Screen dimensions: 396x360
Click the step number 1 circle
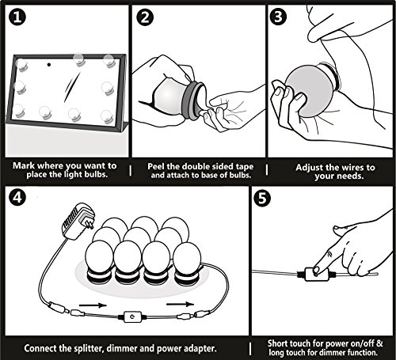pyautogui.click(x=17, y=17)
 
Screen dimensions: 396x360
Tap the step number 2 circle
pyautogui.click(x=145, y=17)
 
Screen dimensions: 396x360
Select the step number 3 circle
pyautogui.click(x=278, y=17)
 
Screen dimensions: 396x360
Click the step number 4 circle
pyautogui.click(x=17, y=197)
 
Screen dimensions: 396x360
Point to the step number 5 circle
pyautogui.click(x=262, y=198)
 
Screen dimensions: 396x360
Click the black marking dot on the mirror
pyautogui.click(x=48, y=64)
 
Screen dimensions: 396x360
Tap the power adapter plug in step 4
pyautogui.click(x=78, y=221)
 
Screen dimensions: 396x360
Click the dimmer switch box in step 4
pyautogui.click(x=132, y=316)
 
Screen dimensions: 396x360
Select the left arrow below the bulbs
pyautogui.click(x=93, y=305)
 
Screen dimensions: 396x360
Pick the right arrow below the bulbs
pyautogui.click(x=181, y=304)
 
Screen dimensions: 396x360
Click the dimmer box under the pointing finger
pyautogui.click(x=316, y=275)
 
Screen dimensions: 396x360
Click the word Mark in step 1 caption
pyautogui.click(x=24, y=165)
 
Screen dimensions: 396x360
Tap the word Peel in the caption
pyautogui.click(x=156, y=166)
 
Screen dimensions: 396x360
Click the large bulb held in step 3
pyautogui.click(x=310, y=91)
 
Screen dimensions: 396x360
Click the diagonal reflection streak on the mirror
pyautogui.click(x=72, y=87)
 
